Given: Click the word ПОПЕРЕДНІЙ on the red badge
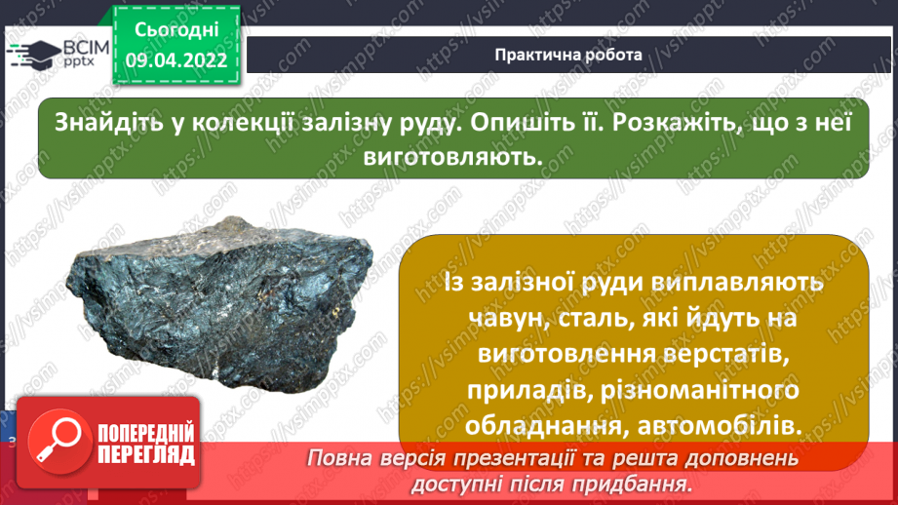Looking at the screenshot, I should click(x=143, y=431).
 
